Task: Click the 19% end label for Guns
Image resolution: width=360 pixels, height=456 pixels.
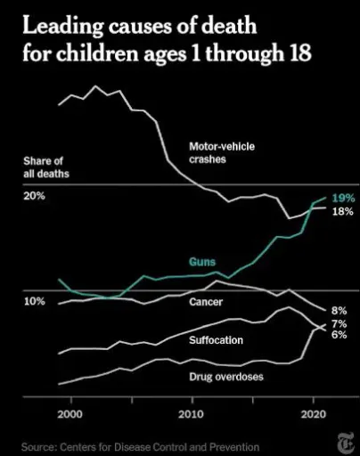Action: (343, 198)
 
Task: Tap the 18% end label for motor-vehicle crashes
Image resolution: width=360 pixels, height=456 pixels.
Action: (343, 211)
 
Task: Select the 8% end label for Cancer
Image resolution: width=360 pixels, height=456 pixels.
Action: (339, 311)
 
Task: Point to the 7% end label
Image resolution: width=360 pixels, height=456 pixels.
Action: (339, 323)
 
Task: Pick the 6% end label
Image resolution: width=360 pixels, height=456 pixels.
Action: (339, 335)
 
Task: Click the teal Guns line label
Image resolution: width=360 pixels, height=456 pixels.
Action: (202, 262)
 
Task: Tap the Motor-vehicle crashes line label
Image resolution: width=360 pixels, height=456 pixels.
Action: (222, 153)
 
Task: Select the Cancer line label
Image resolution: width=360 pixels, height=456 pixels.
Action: (206, 302)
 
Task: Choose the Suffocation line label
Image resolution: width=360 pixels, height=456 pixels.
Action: (216, 340)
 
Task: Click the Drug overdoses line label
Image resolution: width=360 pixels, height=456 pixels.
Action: (226, 377)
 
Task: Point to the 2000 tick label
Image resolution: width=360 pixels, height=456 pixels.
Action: (70, 414)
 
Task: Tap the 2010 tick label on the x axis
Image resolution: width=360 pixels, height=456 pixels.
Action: (192, 414)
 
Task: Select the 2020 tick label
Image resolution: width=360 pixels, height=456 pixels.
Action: (314, 414)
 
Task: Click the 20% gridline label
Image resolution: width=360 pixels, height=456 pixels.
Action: (35, 196)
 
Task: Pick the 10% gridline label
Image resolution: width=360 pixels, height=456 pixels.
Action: (35, 301)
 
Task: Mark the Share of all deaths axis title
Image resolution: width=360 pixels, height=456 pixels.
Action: (46, 167)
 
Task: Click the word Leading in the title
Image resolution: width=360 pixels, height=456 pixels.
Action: (62, 27)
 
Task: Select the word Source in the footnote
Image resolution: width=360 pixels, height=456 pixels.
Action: (38, 447)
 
